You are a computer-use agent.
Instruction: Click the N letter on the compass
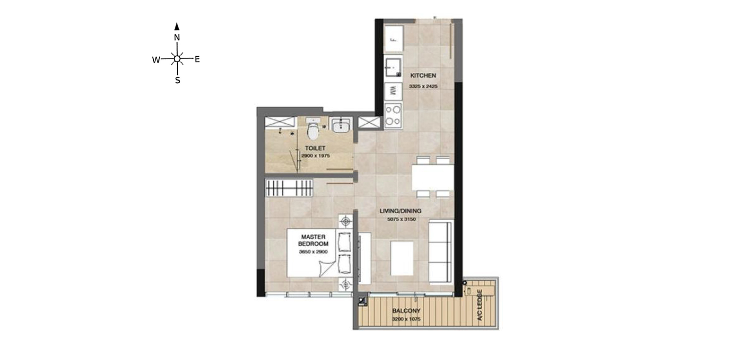177,38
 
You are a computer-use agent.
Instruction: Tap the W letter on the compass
156,60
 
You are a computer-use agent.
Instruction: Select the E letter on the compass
197,59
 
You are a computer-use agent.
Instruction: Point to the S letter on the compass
177,80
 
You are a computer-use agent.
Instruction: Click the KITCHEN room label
423,75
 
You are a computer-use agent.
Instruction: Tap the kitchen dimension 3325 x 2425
423,86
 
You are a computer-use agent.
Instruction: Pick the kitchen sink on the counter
393,68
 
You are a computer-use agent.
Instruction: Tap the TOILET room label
315,148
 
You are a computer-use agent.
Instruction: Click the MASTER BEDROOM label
313,240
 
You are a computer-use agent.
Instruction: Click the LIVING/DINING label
400,211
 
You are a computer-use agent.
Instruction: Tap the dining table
432,177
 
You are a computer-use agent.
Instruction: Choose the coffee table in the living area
402,258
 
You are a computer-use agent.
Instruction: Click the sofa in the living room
440,252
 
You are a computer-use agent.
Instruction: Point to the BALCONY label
406,311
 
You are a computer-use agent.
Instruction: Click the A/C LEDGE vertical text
480,305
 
